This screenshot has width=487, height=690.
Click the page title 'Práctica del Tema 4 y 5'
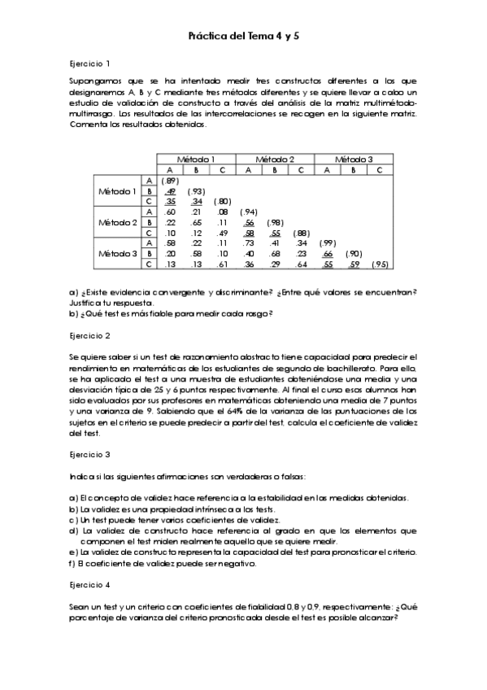[x=243, y=37]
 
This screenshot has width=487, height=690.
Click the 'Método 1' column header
[x=196, y=159]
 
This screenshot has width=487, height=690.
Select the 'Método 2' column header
[x=276, y=159]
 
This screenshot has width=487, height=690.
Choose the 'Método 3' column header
[x=354, y=159]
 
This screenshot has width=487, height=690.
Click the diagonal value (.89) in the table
[x=170, y=180]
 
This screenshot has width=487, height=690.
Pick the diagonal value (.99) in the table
[x=328, y=243]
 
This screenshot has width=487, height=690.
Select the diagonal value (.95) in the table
[x=380, y=264]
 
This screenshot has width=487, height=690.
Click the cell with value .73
[x=250, y=243]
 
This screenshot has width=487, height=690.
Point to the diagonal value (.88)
[x=302, y=233]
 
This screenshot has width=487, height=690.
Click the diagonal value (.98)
[x=276, y=222]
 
